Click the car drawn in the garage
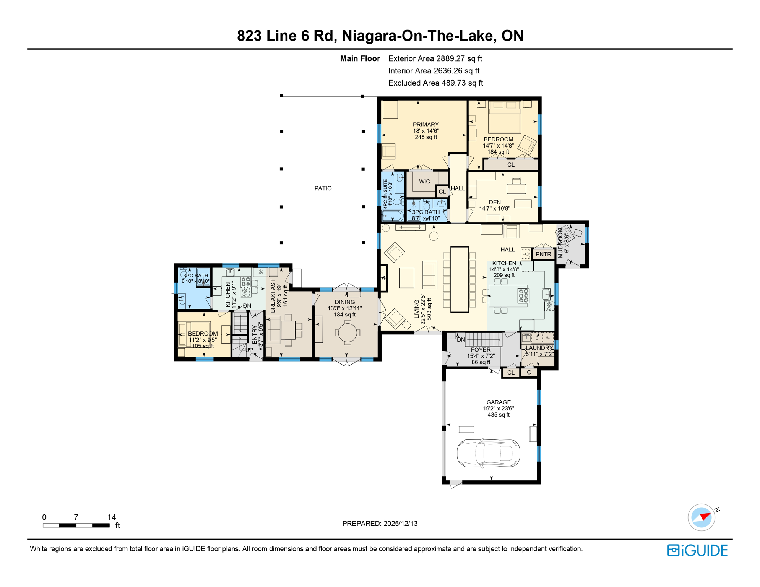tap(488, 453)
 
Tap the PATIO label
tap(323, 188)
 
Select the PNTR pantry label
tap(543, 254)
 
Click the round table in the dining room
tap(348, 332)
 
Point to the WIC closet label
tap(424, 182)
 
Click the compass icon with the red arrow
tap(702, 517)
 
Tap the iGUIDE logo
tap(697, 550)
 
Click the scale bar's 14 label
tap(111, 517)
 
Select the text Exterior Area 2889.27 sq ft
tap(435, 58)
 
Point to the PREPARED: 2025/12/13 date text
tap(380, 524)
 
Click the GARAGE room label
tap(498, 402)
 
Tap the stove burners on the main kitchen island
tap(523, 296)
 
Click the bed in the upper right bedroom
tap(504, 117)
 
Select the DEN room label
tap(495, 202)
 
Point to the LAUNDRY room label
tap(539, 348)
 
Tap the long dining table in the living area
tap(460, 279)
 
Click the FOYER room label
tap(481, 350)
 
